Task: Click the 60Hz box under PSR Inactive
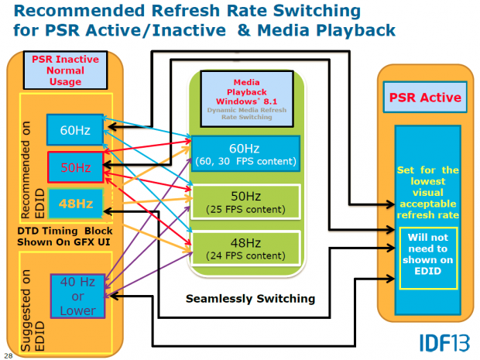(70, 129)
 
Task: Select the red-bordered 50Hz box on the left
(70, 167)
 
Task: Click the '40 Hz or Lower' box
(77, 295)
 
